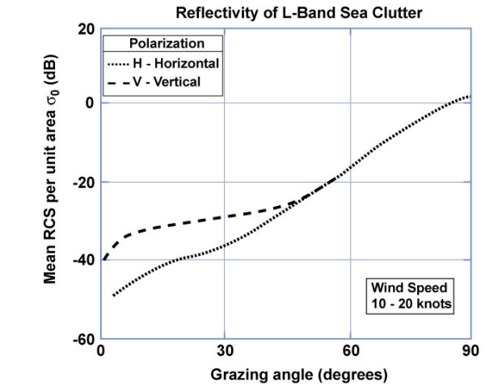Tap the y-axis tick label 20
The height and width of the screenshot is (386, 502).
(x=86, y=30)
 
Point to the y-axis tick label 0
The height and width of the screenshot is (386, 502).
(x=90, y=103)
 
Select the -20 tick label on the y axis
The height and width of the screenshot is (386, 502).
(x=83, y=183)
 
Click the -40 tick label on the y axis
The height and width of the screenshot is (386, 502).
(x=83, y=261)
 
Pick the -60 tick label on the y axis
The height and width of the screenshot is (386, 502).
(x=83, y=339)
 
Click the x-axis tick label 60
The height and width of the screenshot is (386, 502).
(x=349, y=353)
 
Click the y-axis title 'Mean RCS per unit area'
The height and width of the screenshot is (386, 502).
(x=50, y=186)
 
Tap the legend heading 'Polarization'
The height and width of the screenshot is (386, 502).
(x=167, y=44)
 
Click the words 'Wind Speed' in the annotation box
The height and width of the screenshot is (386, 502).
(x=408, y=287)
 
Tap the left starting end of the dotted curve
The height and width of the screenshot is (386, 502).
(x=113, y=296)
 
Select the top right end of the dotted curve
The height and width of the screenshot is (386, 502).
(x=468, y=96)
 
